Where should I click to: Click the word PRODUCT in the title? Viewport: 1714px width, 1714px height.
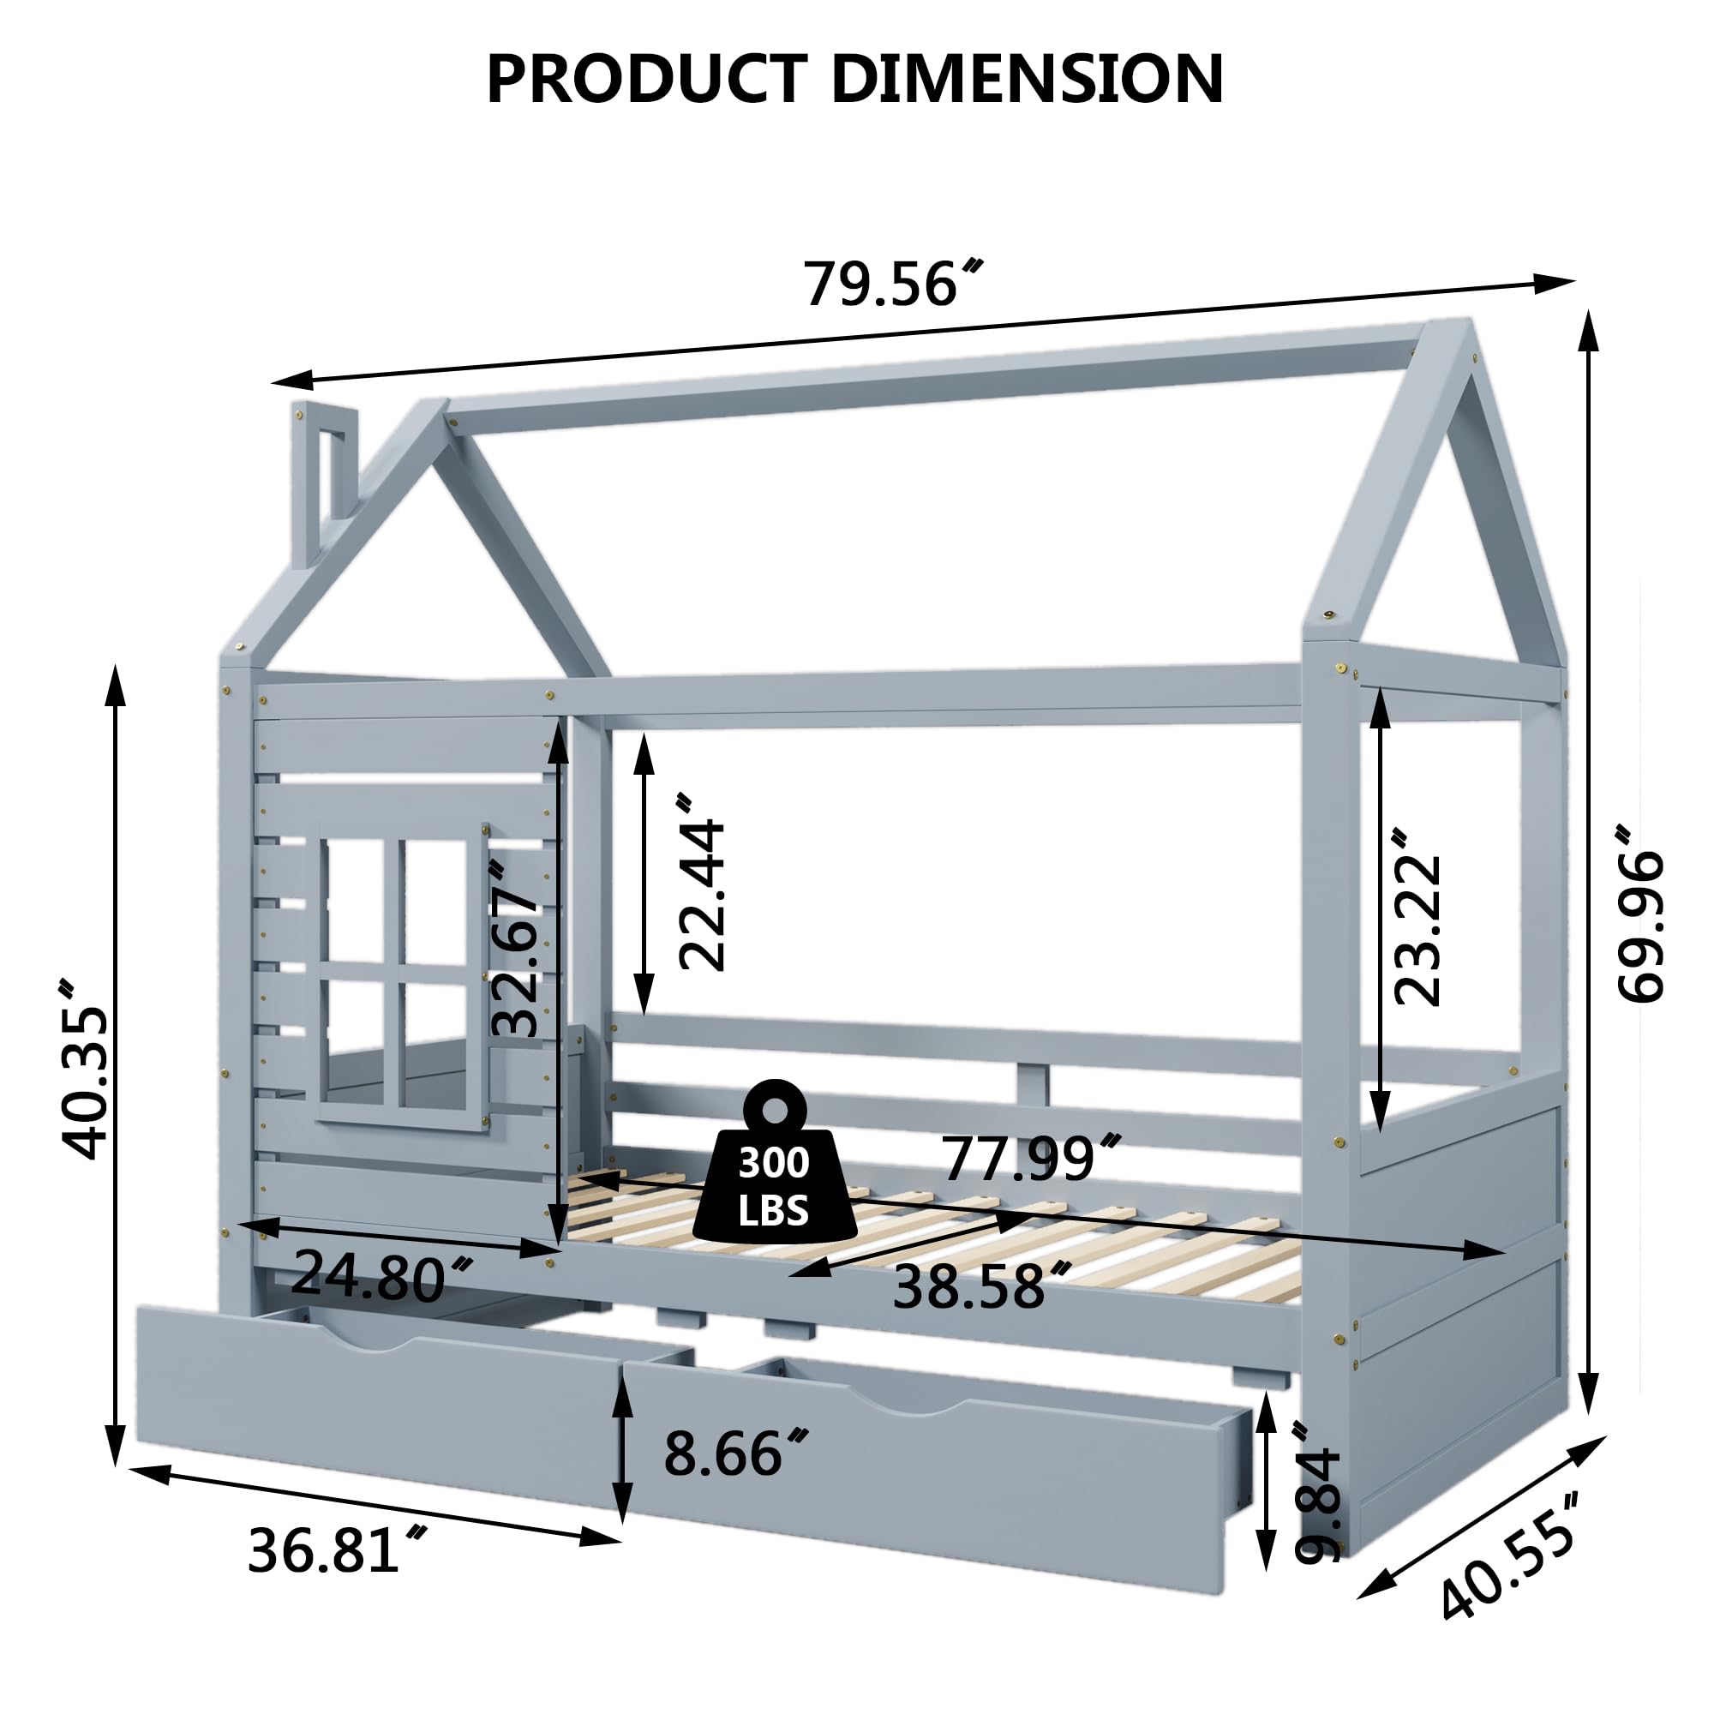647,80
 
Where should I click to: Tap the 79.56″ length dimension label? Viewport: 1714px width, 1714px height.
891,284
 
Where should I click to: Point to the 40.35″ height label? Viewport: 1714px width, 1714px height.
85,1069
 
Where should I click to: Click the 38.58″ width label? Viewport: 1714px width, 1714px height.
980,1287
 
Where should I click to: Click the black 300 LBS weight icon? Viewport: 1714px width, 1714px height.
774,1166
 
